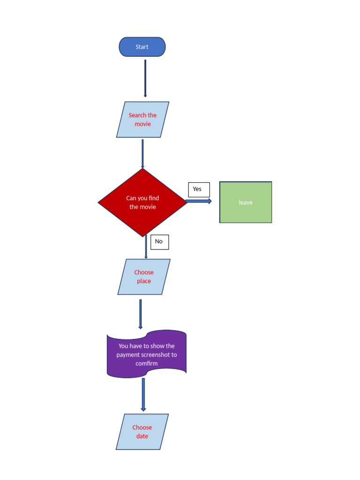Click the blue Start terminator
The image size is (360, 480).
click(142, 47)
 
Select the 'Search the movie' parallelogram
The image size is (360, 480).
click(142, 120)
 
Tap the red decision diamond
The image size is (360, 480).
click(142, 202)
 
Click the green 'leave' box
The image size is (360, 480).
click(246, 202)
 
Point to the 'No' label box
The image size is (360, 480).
click(159, 242)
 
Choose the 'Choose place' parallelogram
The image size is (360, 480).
click(144, 277)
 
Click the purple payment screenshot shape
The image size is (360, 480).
click(147, 354)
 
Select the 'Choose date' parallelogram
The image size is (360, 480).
click(142, 432)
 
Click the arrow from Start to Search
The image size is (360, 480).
click(145, 78)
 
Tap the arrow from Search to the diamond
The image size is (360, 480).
click(142, 153)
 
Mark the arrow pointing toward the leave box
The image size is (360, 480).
click(199, 201)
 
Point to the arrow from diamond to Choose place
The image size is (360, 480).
click(146, 247)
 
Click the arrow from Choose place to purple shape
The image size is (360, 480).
click(140, 314)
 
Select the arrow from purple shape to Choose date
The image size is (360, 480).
click(143, 395)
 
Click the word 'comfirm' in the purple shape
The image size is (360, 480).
click(147, 364)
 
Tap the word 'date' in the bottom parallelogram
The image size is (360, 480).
click(142, 436)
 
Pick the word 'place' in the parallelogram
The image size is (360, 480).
click(144, 281)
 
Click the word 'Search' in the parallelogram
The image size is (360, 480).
click(137, 115)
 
